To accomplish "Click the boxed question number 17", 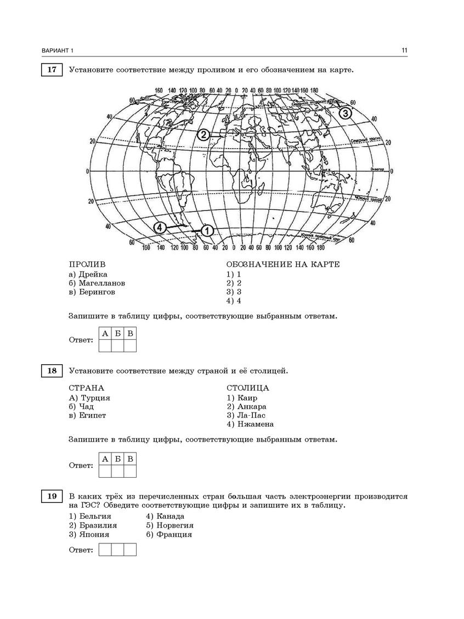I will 52,70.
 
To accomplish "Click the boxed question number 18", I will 52,371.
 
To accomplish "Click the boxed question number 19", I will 52,496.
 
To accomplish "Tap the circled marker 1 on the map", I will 207,231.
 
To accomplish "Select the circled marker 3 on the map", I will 344,113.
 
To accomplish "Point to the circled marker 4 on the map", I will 160,227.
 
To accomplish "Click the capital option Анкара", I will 252,406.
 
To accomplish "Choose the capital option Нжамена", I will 256,424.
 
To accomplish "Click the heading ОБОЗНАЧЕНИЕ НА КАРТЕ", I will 283,264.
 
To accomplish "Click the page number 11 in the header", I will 404,51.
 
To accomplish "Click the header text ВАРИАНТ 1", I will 57,51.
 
